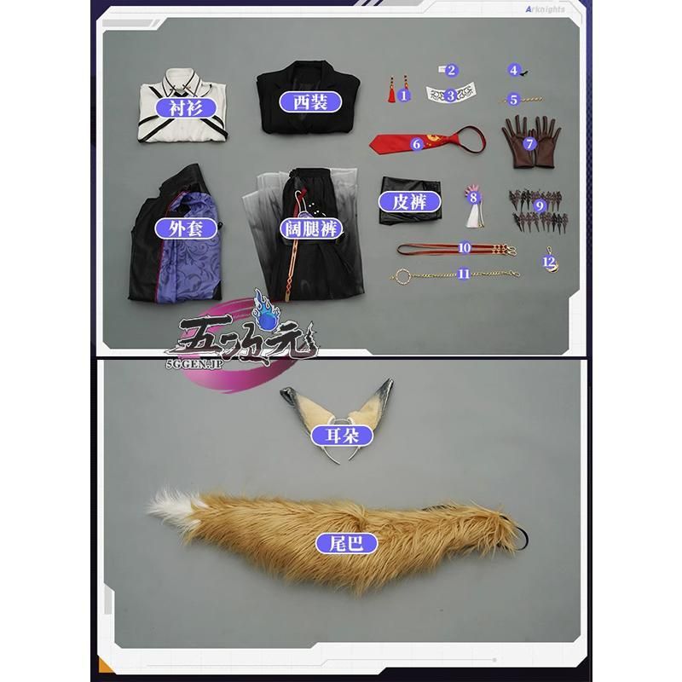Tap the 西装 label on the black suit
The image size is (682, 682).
pos(303,102)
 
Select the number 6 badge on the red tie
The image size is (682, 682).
pos(417,144)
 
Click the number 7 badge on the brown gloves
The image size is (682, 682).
pos(529,143)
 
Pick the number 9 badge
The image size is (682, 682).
pos(539,205)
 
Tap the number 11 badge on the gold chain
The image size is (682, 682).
pos(464,274)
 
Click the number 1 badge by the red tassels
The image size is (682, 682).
pos(404,96)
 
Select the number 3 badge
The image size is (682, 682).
pos(451,95)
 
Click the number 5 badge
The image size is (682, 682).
pos(514,100)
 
